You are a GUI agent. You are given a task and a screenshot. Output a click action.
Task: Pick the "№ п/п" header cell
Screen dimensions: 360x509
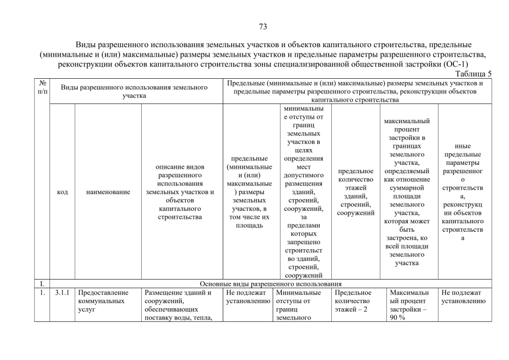coord(42,87)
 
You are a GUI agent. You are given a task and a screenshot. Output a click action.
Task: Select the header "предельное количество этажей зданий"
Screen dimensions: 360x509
coord(355,192)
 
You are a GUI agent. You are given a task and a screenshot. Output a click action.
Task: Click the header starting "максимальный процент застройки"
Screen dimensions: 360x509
coord(409,192)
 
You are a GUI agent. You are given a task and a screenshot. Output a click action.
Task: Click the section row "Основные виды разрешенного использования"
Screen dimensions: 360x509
coord(271,283)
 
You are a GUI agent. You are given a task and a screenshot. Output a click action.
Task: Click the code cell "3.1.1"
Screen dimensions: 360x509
coord(62,292)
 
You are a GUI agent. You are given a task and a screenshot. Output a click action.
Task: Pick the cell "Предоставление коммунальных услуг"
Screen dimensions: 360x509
coord(103,301)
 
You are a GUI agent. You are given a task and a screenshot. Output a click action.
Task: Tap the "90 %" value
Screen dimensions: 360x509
coord(398,318)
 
